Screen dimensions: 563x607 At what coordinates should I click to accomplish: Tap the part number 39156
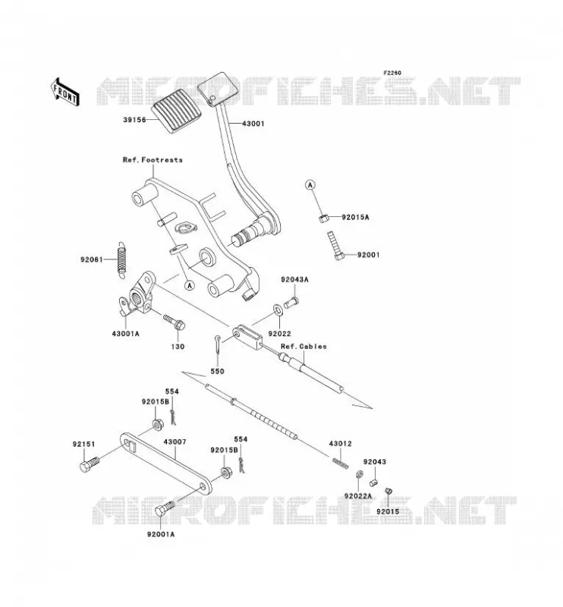[x=134, y=120]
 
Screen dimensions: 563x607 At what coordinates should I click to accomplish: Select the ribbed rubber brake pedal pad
[x=177, y=112]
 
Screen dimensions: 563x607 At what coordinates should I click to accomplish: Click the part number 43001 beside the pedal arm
[x=253, y=124]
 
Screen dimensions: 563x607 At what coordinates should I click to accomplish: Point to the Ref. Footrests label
[x=153, y=160]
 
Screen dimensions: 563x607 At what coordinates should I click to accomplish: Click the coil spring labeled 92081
[x=122, y=259]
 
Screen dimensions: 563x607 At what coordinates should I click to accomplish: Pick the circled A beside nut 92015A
[x=310, y=185]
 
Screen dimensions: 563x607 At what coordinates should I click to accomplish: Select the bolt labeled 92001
[x=335, y=245]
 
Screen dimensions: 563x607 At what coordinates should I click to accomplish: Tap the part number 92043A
[x=294, y=279]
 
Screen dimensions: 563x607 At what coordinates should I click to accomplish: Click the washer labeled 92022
[x=277, y=310]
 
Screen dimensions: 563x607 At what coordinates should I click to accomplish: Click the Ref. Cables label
[x=304, y=347]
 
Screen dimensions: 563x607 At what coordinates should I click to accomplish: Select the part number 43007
[x=175, y=442]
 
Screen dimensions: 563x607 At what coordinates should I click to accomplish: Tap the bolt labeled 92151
[x=90, y=464]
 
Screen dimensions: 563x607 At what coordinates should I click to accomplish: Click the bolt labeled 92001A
[x=165, y=508]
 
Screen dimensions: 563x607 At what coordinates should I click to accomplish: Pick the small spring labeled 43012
[x=341, y=463]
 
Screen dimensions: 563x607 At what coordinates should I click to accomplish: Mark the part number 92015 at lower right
[x=388, y=511]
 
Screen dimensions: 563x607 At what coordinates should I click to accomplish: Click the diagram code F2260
[x=392, y=73]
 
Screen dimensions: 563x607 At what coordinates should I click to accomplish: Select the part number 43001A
[x=125, y=333]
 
